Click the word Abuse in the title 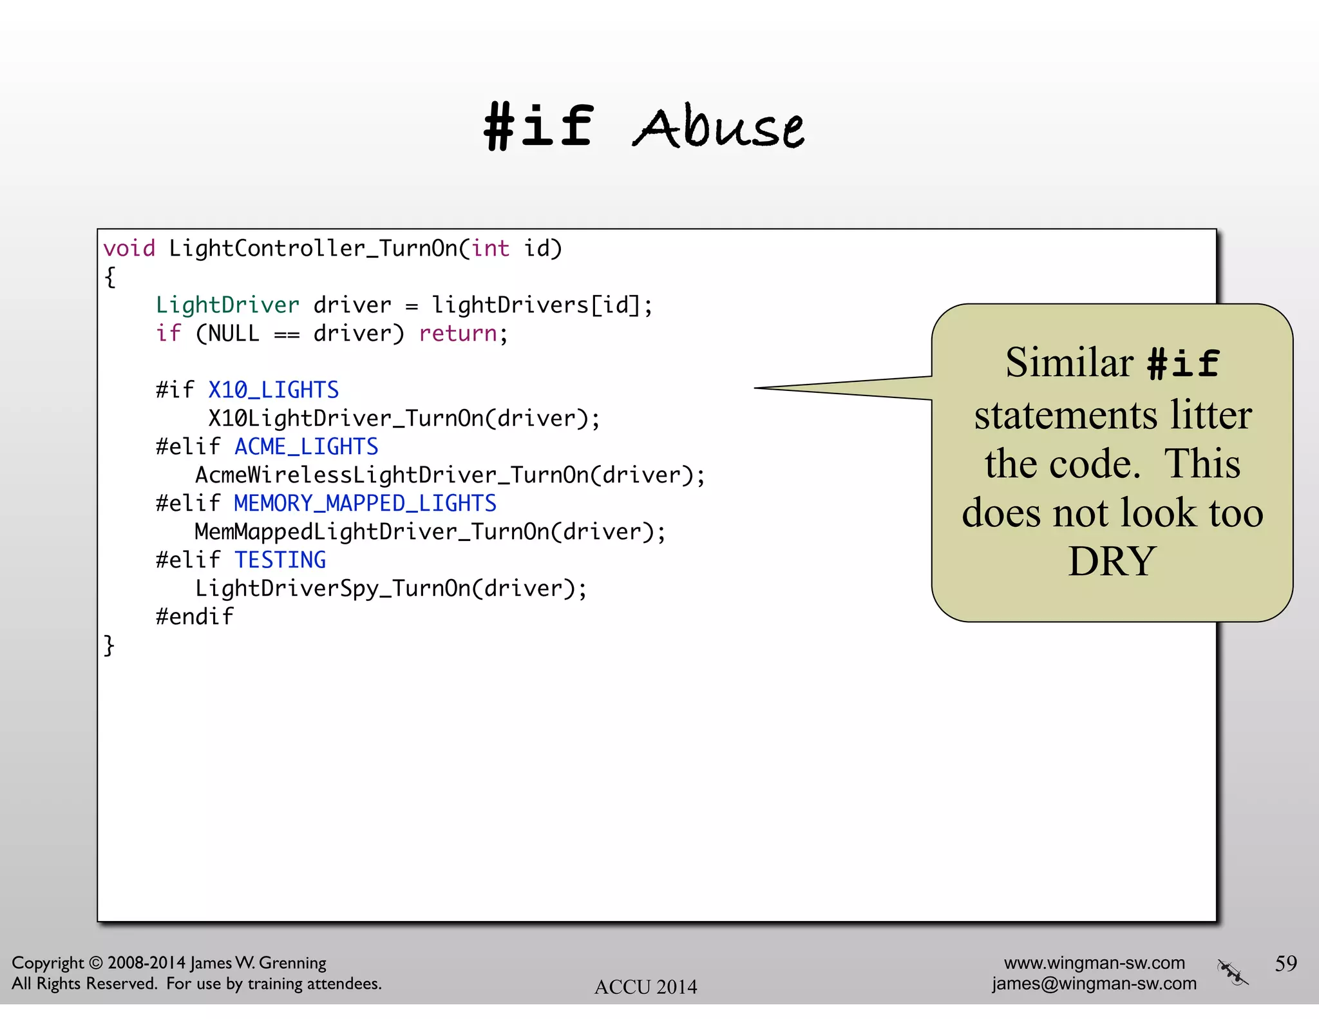pos(718,127)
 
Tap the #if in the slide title pos(538,126)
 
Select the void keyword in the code pos(129,249)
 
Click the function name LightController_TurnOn pos(313,249)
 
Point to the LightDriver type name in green pos(227,305)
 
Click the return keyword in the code pos(458,334)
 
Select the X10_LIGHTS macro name pos(273,390)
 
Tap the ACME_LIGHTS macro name pos(306,447)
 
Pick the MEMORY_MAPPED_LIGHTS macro pos(365,504)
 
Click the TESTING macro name pos(280,560)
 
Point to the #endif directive pos(195,617)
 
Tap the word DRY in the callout pos(1112,562)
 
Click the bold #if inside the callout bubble pos(1183,364)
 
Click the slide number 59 pos(1286,964)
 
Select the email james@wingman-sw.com pos(1094,984)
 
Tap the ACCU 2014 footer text pos(645,987)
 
